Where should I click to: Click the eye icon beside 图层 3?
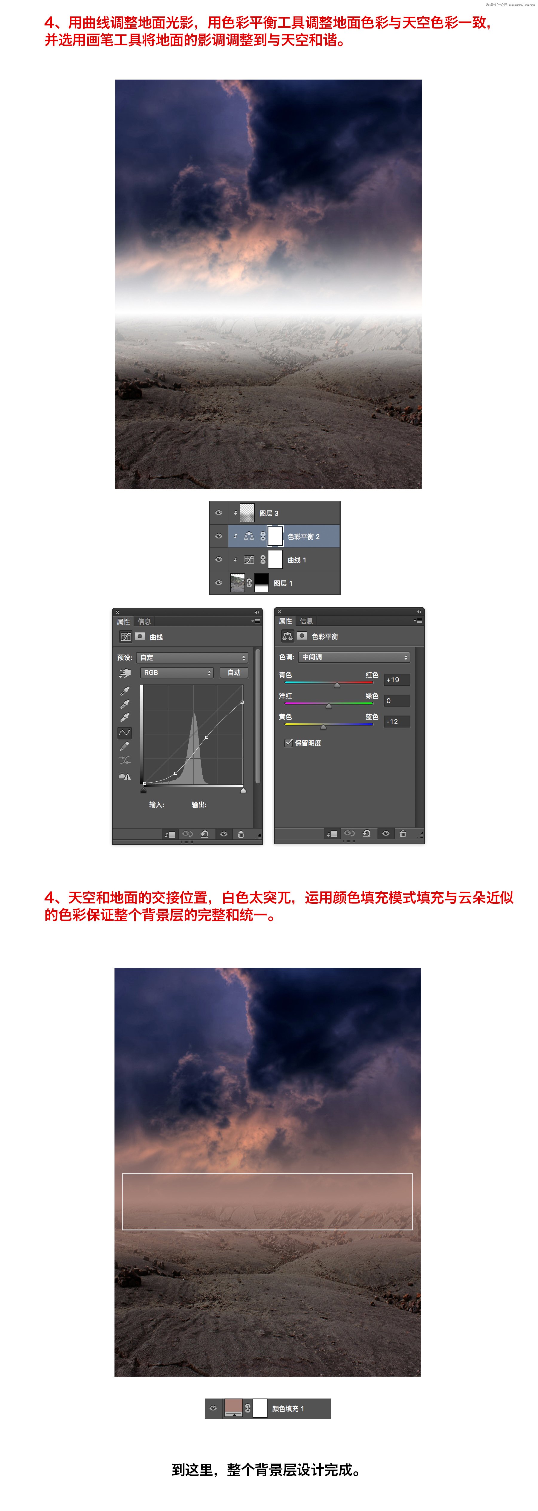tap(218, 513)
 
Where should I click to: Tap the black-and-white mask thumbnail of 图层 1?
tap(262, 582)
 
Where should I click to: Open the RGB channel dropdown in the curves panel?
tap(176, 673)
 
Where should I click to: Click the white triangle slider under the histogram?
tap(243, 791)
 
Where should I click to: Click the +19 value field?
tap(397, 680)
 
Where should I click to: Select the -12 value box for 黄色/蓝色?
tap(397, 722)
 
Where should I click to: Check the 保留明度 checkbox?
tap(288, 742)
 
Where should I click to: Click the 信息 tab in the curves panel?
tap(144, 621)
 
